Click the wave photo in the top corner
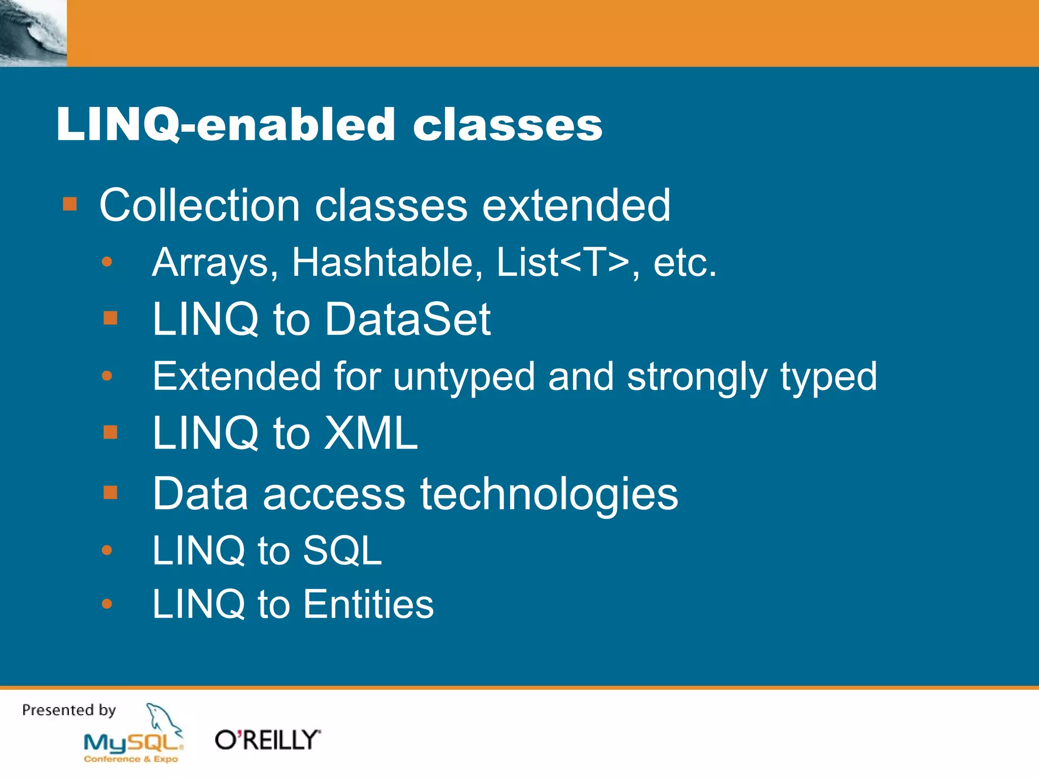point(33,33)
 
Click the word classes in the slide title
point(507,125)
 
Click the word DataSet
point(408,319)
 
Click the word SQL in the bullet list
point(342,550)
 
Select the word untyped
point(464,377)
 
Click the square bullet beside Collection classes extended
point(70,204)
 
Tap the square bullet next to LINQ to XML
point(110,432)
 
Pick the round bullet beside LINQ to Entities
point(107,604)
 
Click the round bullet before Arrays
point(107,262)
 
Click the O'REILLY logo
point(268,740)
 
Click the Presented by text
point(69,710)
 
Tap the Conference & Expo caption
point(131,759)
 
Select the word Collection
point(200,205)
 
